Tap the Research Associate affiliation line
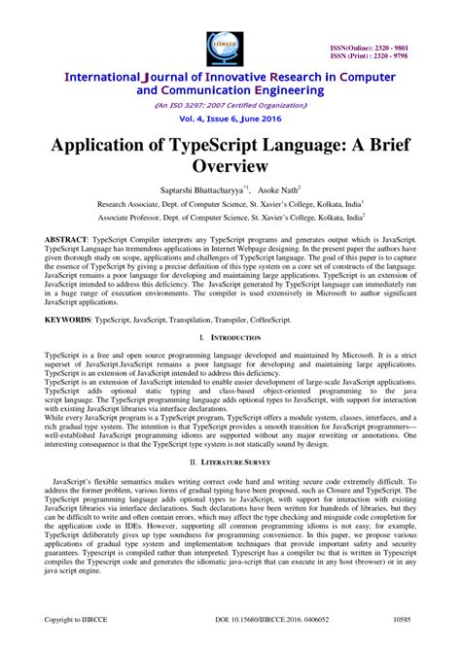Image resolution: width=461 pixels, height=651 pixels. click(230, 205)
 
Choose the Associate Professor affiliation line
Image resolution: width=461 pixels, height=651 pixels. click(230, 220)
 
